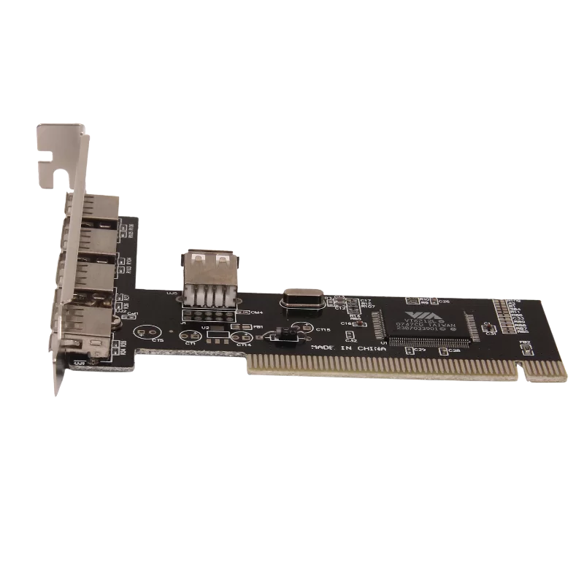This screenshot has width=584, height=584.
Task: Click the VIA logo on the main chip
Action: (x=415, y=312)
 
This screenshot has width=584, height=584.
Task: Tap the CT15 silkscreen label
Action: (x=323, y=330)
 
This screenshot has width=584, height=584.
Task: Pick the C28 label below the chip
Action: (x=453, y=351)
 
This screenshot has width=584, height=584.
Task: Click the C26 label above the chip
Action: (x=443, y=300)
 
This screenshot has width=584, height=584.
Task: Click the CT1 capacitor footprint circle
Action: (x=191, y=335)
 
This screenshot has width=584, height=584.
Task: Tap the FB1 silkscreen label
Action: (x=258, y=327)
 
